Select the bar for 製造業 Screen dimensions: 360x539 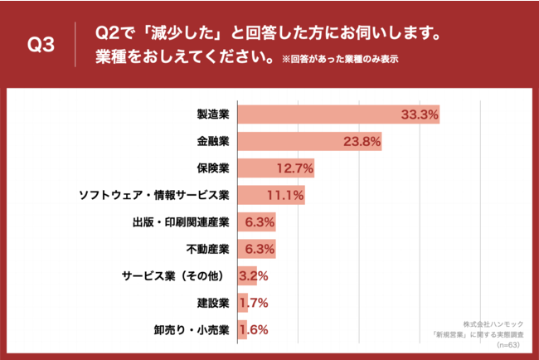pos(338,114)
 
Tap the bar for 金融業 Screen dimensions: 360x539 pos(309,142)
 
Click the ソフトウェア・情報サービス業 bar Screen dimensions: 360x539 pos(271,196)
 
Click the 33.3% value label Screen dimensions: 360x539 pos(419,114)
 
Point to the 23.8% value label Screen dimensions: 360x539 pos(362,142)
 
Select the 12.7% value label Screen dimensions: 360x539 pos(294,168)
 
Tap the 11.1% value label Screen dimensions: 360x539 pos(285,196)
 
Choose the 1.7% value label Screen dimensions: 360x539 pos(254,303)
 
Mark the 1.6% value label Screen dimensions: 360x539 pos(254,330)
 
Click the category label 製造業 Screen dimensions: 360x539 pos(212,114)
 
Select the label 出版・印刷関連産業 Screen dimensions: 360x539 pos(181,222)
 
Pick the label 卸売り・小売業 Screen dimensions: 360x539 pos(192,330)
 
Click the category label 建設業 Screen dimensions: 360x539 pos(212,303)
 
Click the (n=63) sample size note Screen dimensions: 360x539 pos(505,343)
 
